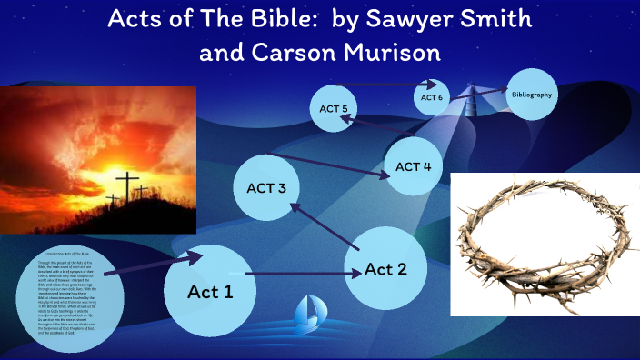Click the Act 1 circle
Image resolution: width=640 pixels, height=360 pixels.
(210, 290)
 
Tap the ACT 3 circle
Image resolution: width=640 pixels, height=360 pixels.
(266, 188)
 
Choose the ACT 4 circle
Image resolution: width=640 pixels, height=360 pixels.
(414, 166)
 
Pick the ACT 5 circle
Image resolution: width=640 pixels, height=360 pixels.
(334, 109)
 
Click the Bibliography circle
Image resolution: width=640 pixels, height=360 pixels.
(531, 95)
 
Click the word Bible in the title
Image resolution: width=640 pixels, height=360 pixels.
(272, 19)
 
